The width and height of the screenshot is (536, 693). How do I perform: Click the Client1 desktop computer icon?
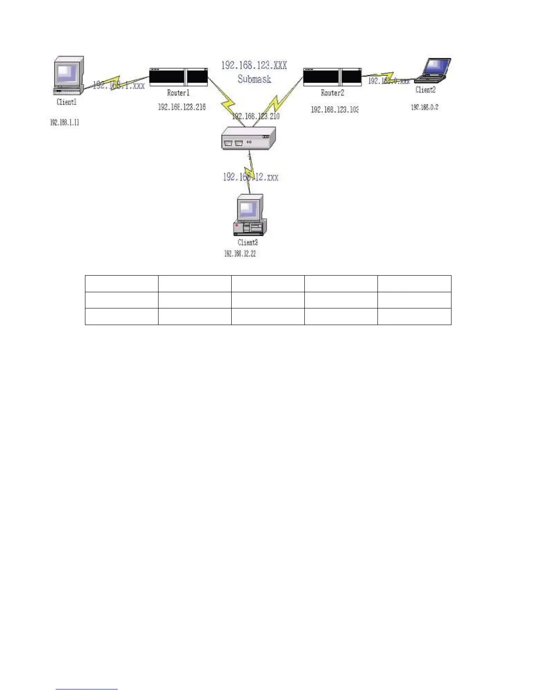(x=68, y=75)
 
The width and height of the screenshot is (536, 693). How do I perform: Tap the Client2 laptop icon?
(x=433, y=70)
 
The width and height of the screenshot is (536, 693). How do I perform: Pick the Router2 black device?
(x=332, y=77)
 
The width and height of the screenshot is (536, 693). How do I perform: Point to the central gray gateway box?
(x=248, y=138)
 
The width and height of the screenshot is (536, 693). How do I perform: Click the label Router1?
(x=178, y=93)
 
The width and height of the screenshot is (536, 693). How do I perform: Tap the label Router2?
(x=332, y=93)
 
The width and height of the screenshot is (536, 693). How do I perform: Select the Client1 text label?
(x=67, y=102)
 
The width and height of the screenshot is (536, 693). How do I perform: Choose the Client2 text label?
(x=425, y=90)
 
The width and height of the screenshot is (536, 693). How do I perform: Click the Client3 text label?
(x=247, y=242)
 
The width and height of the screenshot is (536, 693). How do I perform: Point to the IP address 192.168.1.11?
(x=65, y=122)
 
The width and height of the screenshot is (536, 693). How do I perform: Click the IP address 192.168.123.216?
(x=182, y=107)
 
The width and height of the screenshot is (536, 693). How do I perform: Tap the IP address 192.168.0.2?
(x=424, y=107)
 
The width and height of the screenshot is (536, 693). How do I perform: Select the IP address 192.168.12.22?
(x=240, y=254)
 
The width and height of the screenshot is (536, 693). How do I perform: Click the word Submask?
(x=254, y=79)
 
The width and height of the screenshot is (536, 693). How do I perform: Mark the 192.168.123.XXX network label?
(x=254, y=66)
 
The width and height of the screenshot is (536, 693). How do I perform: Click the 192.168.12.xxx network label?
(x=250, y=177)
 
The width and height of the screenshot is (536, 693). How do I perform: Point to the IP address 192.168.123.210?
(x=256, y=116)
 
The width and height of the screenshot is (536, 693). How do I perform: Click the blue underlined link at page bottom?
(x=87, y=689)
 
